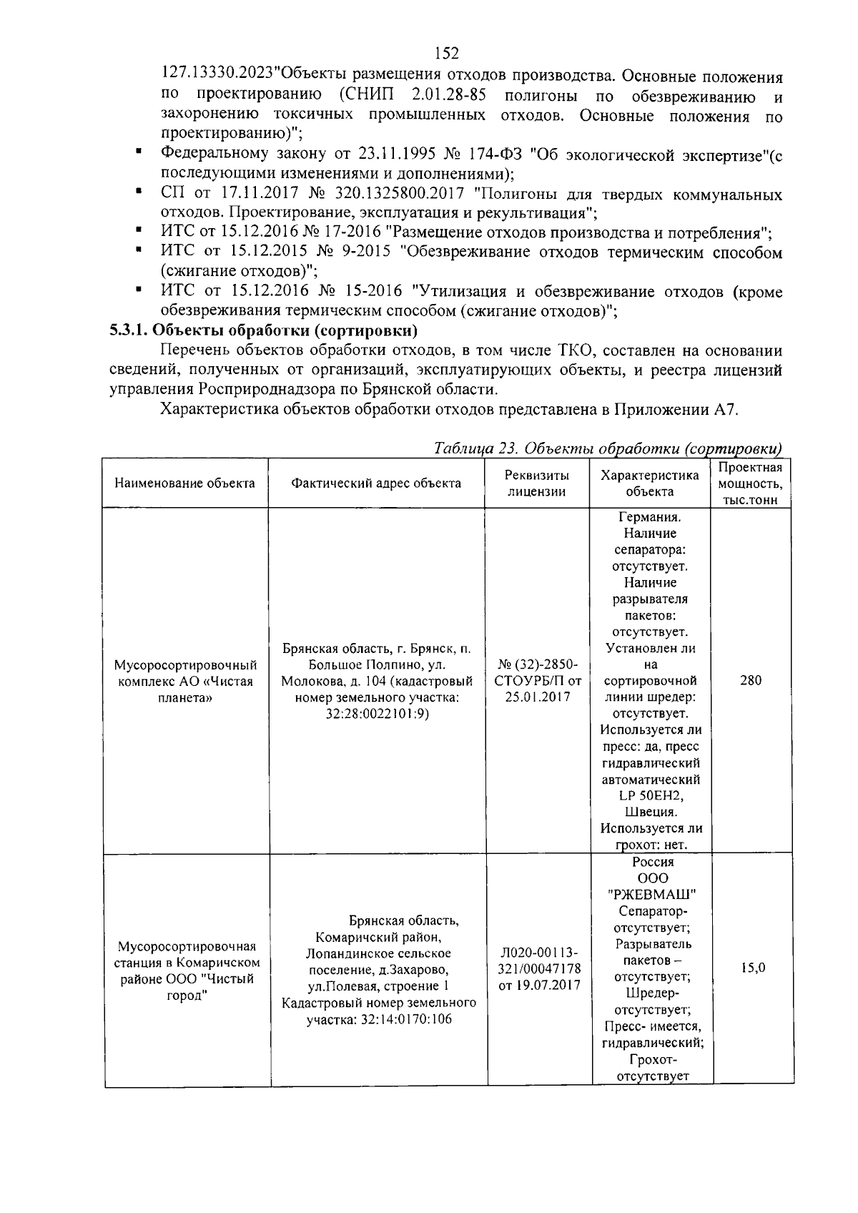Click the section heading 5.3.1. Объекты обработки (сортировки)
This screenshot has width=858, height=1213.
[263, 330]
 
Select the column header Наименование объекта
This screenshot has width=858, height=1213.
[184, 483]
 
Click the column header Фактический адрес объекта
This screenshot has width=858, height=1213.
[376, 483]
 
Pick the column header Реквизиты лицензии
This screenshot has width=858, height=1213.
[537, 483]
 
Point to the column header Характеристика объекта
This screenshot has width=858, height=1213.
[649, 483]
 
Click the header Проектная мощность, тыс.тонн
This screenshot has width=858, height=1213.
[750, 483]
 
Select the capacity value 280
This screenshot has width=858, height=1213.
[750, 680]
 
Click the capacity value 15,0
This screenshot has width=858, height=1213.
[752, 968]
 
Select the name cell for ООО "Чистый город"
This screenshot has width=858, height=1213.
[188, 971]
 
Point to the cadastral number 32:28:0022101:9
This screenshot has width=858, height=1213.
[376, 714]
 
